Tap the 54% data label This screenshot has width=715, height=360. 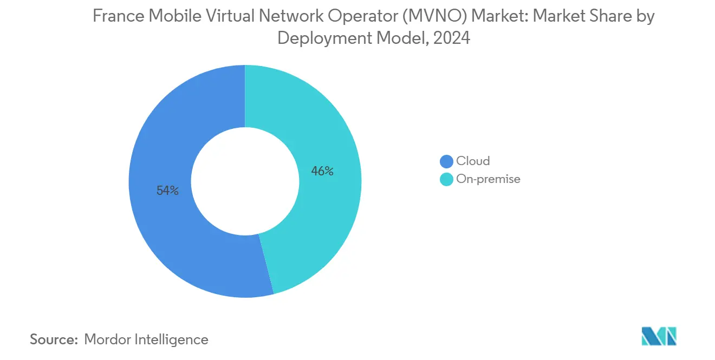click(167, 191)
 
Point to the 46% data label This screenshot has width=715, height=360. click(322, 172)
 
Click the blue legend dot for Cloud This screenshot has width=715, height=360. click(446, 161)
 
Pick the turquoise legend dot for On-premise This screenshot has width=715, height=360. click(446, 179)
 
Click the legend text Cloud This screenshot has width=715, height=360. click(473, 161)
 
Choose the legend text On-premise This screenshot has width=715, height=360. click(488, 179)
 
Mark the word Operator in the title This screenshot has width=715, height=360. click(369, 17)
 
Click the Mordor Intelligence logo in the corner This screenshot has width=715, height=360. click(659, 336)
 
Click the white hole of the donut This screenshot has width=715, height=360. click(245, 181)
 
